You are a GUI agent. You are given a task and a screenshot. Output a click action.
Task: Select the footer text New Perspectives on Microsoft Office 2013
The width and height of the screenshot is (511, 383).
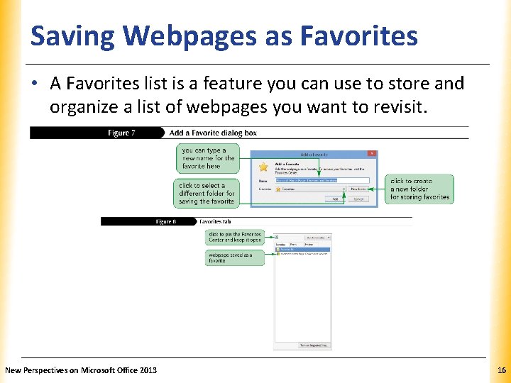(x=81, y=370)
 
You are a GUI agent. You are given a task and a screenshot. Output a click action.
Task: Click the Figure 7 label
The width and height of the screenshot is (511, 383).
(x=121, y=133)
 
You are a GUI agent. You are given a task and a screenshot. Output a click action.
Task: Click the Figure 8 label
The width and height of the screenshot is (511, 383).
(x=165, y=221)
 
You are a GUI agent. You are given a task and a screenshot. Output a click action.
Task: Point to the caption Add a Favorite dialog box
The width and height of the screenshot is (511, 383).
(x=213, y=133)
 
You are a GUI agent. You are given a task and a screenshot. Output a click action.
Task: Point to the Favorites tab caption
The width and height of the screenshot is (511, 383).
(x=216, y=221)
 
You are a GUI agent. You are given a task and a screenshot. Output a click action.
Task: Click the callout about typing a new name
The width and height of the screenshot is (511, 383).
(x=208, y=158)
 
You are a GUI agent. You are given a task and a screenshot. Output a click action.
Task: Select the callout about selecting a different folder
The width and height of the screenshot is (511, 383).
(x=207, y=194)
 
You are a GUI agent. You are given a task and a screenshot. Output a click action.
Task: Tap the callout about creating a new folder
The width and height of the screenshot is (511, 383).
(x=419, y=189)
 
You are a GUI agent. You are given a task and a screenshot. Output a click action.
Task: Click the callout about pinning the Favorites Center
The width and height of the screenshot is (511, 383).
(x=235, y=237)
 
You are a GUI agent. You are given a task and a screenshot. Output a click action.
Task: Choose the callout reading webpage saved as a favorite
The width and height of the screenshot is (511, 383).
(x=235, y=257)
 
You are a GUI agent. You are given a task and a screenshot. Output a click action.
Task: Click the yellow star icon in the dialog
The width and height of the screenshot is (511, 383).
(x=264, y=167)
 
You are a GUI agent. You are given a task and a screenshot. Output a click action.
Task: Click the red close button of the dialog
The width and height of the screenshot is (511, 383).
(x=371, y=153)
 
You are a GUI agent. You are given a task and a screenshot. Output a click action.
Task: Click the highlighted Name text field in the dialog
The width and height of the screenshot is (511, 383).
(x=322, y=180)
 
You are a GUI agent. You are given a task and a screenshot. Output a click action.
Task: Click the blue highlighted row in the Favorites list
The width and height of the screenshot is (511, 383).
(x=302, y=250)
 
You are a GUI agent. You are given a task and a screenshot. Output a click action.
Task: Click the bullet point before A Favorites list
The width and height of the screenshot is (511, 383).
(x=35, y=84)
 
